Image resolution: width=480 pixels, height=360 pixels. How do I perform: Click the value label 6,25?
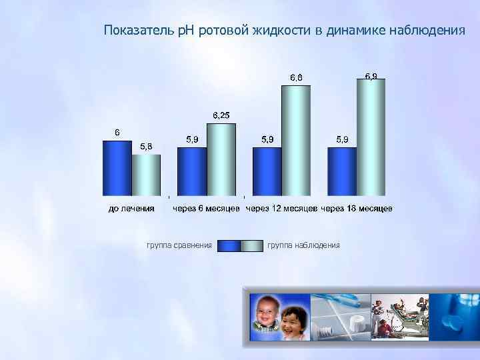221,115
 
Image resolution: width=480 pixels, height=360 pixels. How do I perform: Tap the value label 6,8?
296,77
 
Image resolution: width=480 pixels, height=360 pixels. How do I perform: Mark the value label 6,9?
371,75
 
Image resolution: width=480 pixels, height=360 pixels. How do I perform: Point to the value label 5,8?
145,147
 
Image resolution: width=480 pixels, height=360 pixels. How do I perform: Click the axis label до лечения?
132,209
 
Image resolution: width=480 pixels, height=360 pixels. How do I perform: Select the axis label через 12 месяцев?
281,209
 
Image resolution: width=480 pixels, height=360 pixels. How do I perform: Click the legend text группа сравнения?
179,245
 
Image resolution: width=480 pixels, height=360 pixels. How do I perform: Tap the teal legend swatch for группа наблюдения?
251,246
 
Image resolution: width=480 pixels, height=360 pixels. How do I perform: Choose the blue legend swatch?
229,246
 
